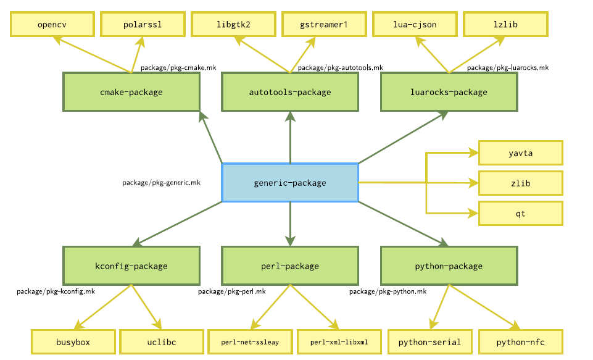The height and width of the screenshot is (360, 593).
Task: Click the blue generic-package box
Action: click(x=290, y=183)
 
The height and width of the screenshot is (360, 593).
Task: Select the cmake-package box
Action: click(x=131, y=92)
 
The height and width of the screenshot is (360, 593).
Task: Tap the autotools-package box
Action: click(x=290, y=92)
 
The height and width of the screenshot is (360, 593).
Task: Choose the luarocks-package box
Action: click(x=449, y=92)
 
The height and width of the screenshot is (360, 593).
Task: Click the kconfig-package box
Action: click(x=131, y=266)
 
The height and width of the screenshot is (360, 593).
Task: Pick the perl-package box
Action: click(x=290, y=266)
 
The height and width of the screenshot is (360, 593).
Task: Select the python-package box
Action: click(x=449, y=266)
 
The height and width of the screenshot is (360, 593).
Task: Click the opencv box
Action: click(x=52, y=25)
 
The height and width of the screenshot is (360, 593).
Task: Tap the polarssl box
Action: click(x=143, y=25)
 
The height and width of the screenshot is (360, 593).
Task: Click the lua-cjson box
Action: click(x=415, y=25)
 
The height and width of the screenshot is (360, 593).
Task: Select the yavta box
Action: click(x=520, y=153)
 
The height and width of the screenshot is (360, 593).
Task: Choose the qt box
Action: click(x=520, y=213)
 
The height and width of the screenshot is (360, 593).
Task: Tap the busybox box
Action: click(x=73, y=341)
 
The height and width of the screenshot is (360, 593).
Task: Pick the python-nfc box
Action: click(x=520, y=341)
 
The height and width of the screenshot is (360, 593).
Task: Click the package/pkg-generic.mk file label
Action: click(x=161, y=183)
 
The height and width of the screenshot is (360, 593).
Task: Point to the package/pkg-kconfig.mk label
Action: click(x=56, y=291)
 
